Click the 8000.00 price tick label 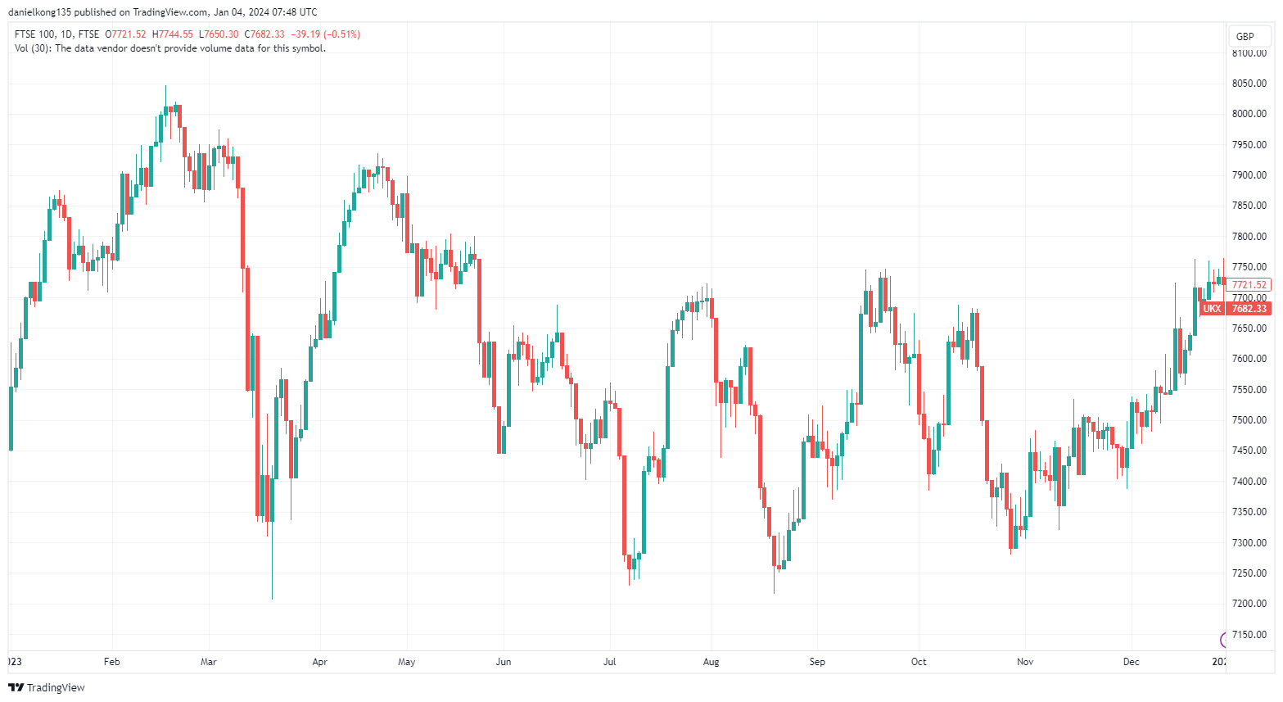1249,114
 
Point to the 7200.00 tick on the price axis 1249,604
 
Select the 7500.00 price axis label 1249,420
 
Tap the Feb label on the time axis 112,661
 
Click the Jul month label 609,661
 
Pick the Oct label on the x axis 919,661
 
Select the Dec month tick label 1131,661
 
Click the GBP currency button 1245,36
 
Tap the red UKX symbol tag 1212,309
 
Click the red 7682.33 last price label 1249,309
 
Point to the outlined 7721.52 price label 1249,285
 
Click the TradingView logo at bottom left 47,687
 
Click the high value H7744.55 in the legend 173,34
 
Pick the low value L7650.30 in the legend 219,34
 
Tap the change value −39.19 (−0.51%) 325,34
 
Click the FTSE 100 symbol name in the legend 35,34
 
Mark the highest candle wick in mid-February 165,92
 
